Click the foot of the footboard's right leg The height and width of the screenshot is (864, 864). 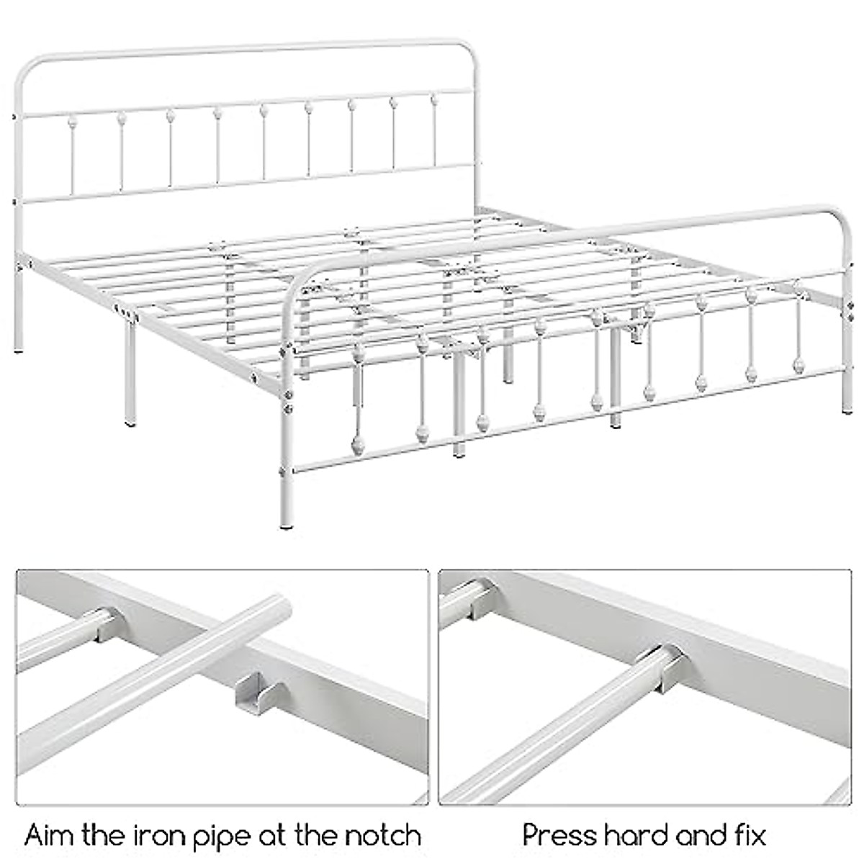click(x=847, y=410)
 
